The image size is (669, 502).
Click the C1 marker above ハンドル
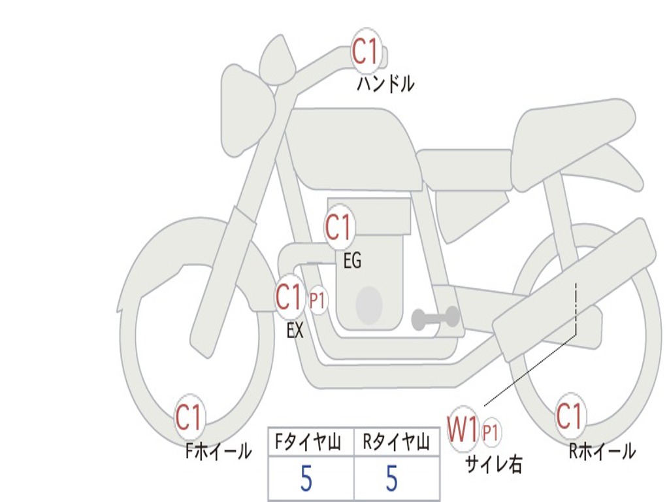(x=366, y=52)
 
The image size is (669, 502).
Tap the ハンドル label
(x=385, y=84)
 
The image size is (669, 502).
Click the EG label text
(x=352, y=261)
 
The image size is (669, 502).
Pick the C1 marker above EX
(x=289, y=298)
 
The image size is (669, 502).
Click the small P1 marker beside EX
(x=318, y=301)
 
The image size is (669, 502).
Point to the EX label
(x=295, y=331)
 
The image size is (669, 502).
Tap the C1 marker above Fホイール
(x=189, y=418)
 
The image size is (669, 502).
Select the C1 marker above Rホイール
(x=569, y=416)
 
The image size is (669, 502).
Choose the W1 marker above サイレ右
(x=463, y=430)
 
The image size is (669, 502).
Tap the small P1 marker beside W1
(x=491, y=432)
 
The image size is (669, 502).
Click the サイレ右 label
(x=494, y=464)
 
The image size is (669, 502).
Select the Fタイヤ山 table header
(x=311, y=443)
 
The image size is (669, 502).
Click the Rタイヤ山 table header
(x=396, y=443)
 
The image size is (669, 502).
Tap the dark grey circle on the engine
(x=368, y=305)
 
